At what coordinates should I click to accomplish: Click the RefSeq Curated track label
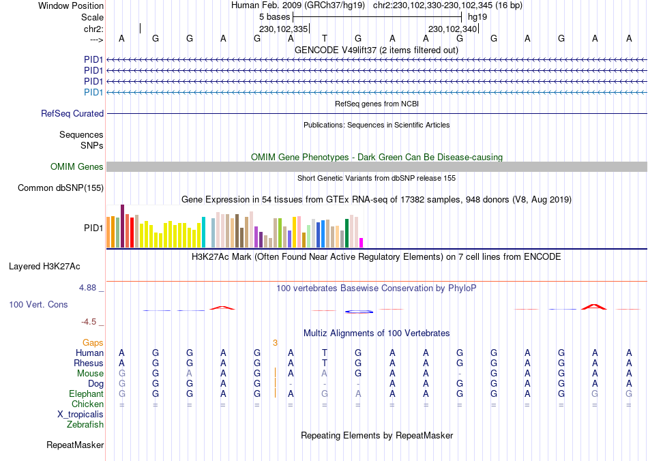[72, 114]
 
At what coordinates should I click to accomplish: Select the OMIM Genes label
[77, 167]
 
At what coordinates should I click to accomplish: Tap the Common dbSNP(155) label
[61, 188]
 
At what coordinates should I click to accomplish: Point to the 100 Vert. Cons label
[38, 304]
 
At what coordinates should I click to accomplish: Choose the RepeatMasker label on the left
[75, 445]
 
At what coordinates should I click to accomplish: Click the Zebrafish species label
[85, 425]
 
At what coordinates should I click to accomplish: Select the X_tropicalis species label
[80, 415]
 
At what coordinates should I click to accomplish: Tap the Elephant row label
[86, 394]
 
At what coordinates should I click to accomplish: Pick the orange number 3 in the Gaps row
[275, 342]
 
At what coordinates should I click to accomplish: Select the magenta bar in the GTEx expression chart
[362, 242]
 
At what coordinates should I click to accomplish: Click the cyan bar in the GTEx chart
[203, 233]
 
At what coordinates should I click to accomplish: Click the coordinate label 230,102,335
[284, 29]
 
